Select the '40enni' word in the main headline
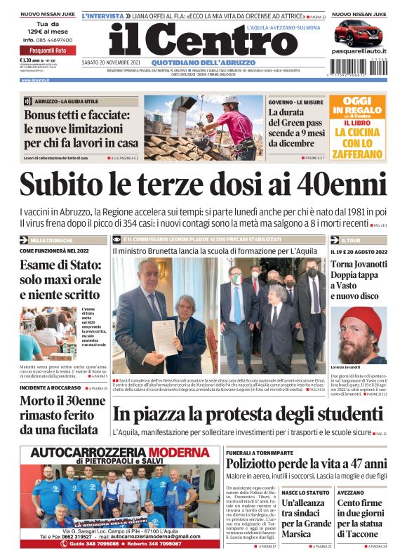coord(336,185)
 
